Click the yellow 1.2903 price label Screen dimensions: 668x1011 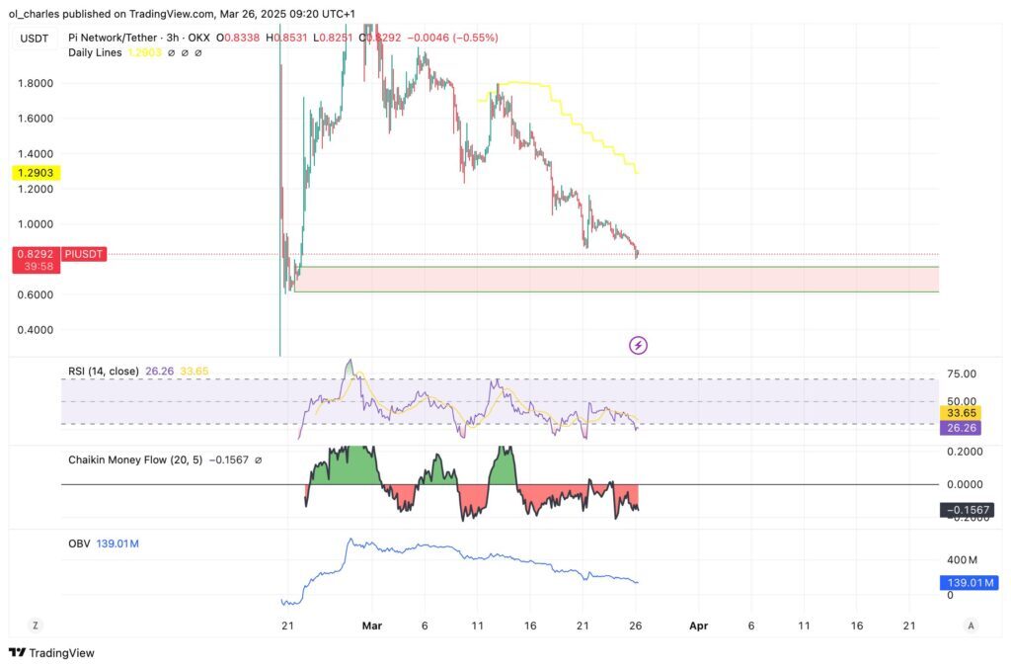(x=36, y=173)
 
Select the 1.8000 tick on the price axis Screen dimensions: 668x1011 (x=36, y=83)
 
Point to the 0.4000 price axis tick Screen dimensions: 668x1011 (x=36, y=330)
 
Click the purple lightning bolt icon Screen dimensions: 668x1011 (x=639, y=345)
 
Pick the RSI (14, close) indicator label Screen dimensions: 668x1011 (x=103, y=372)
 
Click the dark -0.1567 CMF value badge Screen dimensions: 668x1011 (x=968, y=510)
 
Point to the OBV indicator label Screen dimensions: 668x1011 (x=79, y=543)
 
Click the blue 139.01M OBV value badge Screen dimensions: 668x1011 (x=968, y=583)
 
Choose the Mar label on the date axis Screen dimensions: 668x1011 (x=371, y=626)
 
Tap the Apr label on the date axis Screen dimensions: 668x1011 (x=699, y=626)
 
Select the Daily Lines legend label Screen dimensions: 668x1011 (x=94, y=51)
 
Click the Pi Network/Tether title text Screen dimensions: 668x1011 (x=110, y=38)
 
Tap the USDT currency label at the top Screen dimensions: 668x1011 (x=36, y=38)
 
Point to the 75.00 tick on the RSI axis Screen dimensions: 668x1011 (x=962, y=374)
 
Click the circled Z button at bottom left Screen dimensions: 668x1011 (x=36, y=626)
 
